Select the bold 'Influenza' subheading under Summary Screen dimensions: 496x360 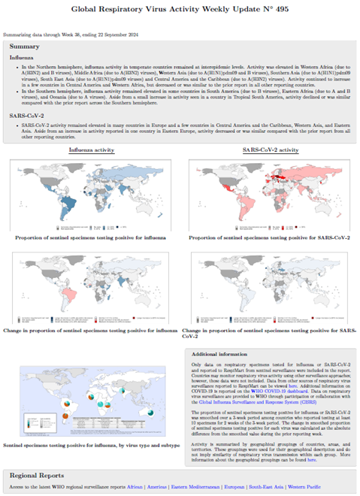tap(24, 56)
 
